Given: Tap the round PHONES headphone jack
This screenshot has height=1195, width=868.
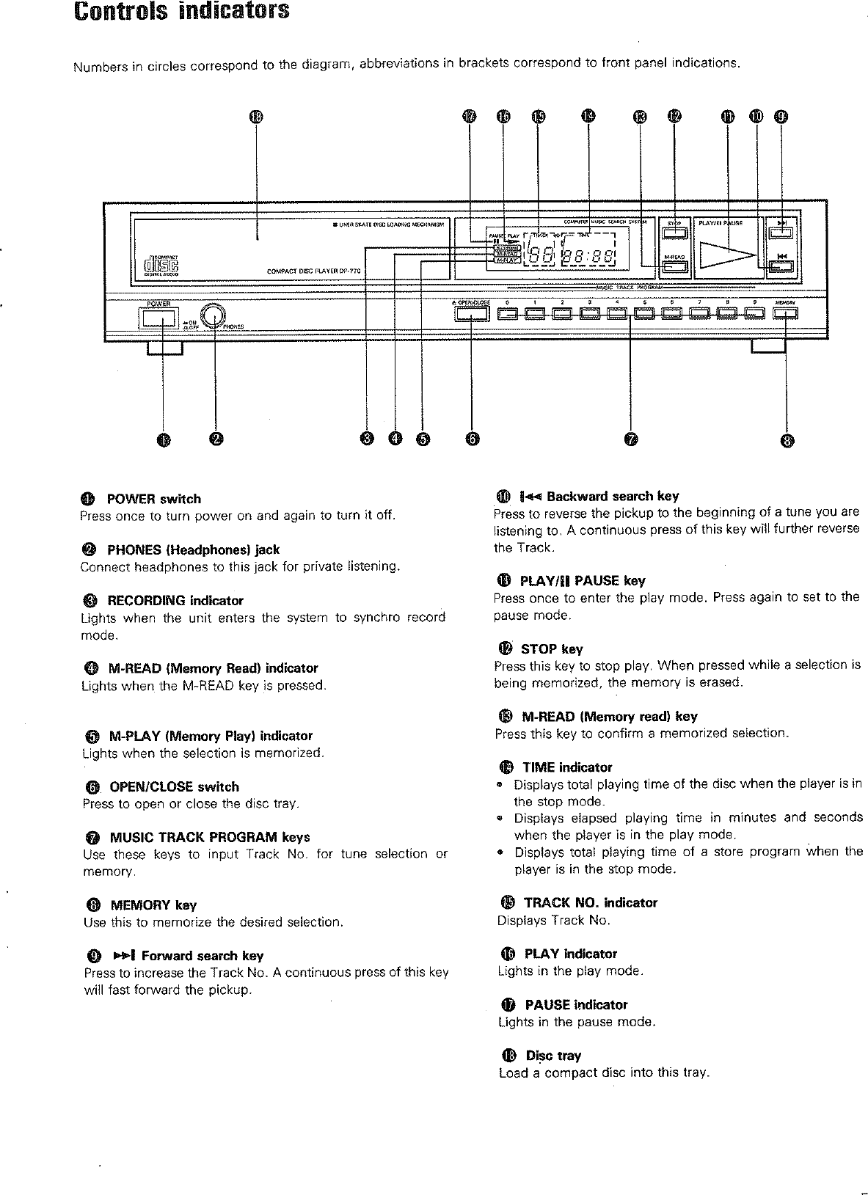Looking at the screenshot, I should point(214,315).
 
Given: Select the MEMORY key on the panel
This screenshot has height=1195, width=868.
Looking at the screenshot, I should point(785,315).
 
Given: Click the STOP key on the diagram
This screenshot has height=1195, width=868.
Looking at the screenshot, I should point(674,234).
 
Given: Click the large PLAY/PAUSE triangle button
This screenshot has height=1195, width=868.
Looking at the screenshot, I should point(726,255).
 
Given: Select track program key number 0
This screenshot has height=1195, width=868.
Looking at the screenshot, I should point(508,315).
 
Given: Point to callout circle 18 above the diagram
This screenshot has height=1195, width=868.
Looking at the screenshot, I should point(255,117).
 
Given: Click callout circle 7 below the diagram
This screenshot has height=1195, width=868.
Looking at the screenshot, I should point(631,439).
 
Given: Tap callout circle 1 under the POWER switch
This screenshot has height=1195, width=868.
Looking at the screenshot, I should point(162,439).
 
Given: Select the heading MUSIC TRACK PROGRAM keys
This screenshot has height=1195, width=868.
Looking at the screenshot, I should point(209,837).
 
